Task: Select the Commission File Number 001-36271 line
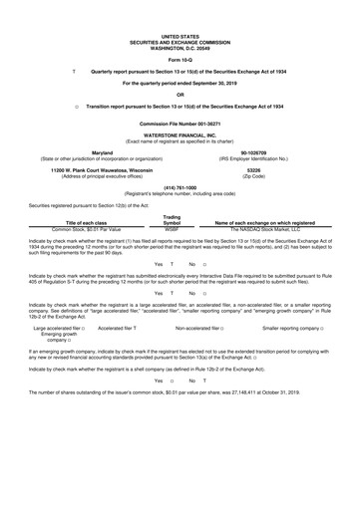point(180,122)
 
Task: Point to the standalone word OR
point(180,95)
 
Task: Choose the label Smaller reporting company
point(295,355)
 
